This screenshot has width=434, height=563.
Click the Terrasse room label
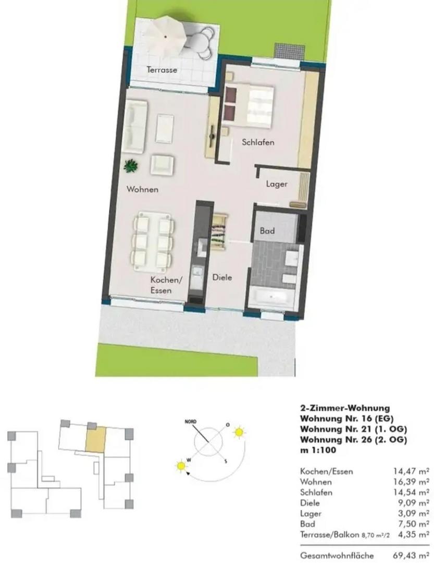click(162, 70)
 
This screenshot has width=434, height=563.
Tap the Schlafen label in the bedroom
click(258, 142)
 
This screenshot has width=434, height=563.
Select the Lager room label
click(277, 184)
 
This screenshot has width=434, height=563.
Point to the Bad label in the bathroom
click(267, 231)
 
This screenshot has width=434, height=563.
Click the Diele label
click(222, 277)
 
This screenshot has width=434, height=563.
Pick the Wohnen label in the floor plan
click(142, 189)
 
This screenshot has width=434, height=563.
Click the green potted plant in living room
click(131, 166)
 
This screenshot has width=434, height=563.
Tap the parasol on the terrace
click(166, 36)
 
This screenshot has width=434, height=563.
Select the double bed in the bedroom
click(247, 106)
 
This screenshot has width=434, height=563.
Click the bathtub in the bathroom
click(272, 297)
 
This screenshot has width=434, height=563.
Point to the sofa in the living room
click(135, 126)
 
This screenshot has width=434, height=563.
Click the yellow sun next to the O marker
click(239, 432)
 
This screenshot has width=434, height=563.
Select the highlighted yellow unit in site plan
click(96, 439)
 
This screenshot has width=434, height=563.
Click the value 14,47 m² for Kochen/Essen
click(411, 471)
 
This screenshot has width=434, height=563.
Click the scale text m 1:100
click(318, 450)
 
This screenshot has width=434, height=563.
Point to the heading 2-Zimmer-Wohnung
click(345, 408)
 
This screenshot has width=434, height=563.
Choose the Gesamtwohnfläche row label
click(337, 556)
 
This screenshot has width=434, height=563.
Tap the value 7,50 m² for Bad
click(414, 524)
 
